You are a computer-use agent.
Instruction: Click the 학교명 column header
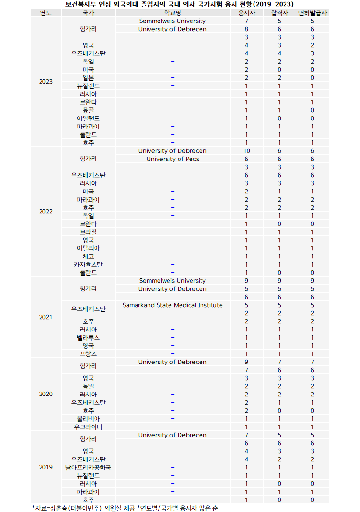[172, 13]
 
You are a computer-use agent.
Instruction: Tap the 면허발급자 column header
[312, 13]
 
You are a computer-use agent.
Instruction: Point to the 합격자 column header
[279, 13]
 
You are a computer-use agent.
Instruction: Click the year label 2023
[46, 82]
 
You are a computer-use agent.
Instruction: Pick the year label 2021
[46, 317]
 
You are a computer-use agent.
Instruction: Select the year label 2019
[46, 467]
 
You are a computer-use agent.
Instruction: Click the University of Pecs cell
[172, 159]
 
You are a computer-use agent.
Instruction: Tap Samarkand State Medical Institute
[172, 305]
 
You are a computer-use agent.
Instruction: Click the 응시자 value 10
[246, 151]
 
